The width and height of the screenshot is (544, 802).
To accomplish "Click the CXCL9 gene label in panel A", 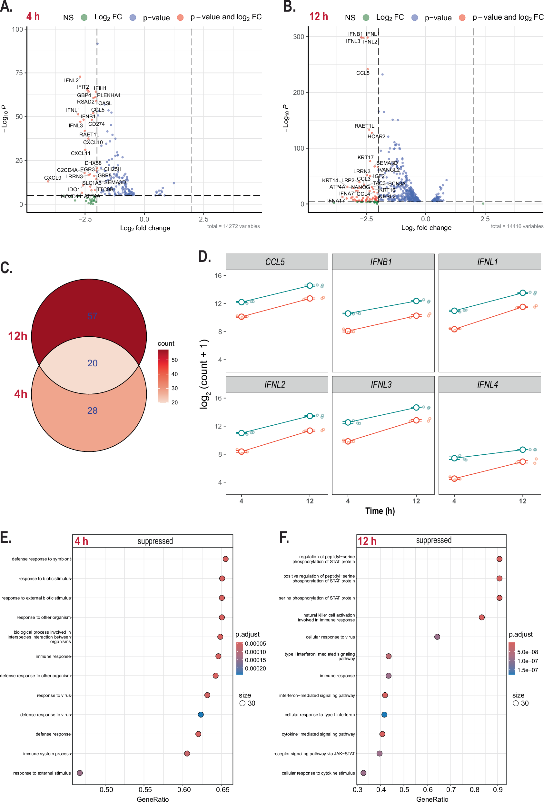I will (x=53, y=178).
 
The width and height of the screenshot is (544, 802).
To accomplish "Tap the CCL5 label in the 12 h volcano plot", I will (x=362, y=73).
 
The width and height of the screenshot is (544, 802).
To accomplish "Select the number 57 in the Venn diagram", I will (x=92, y=316).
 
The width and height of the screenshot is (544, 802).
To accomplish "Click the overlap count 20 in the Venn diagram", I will (x=92, y=363).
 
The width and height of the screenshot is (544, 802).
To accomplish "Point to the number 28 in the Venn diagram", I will (x=92, y=410).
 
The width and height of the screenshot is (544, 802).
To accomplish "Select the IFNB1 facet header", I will (x=381, y=262).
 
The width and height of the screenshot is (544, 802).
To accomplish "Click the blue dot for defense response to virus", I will (x=201, y=714).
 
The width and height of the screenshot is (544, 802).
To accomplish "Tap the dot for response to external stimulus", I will (x=80, y=773).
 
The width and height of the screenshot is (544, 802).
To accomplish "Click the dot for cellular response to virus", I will (x=437, y=637).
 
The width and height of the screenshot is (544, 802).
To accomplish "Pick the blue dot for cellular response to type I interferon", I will (x=384, y=714).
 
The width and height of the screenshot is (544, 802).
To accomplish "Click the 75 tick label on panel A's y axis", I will (x=19, y=73).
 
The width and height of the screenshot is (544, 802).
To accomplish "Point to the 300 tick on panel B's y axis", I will (x=298, y=36).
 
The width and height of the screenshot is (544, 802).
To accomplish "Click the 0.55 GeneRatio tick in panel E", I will (x=145, y=789).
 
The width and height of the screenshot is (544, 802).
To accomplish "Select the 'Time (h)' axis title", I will (x=380, y=511).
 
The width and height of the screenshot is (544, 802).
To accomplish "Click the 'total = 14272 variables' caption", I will (x=233, y=226).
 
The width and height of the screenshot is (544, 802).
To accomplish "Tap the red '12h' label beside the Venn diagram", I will (x=18, y=336).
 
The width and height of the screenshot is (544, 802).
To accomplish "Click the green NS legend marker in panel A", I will (x=84, y=18).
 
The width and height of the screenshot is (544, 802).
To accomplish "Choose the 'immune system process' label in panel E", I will (x=47, y=754).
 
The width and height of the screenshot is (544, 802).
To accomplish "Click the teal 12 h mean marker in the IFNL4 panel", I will (x=523, y=450).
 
